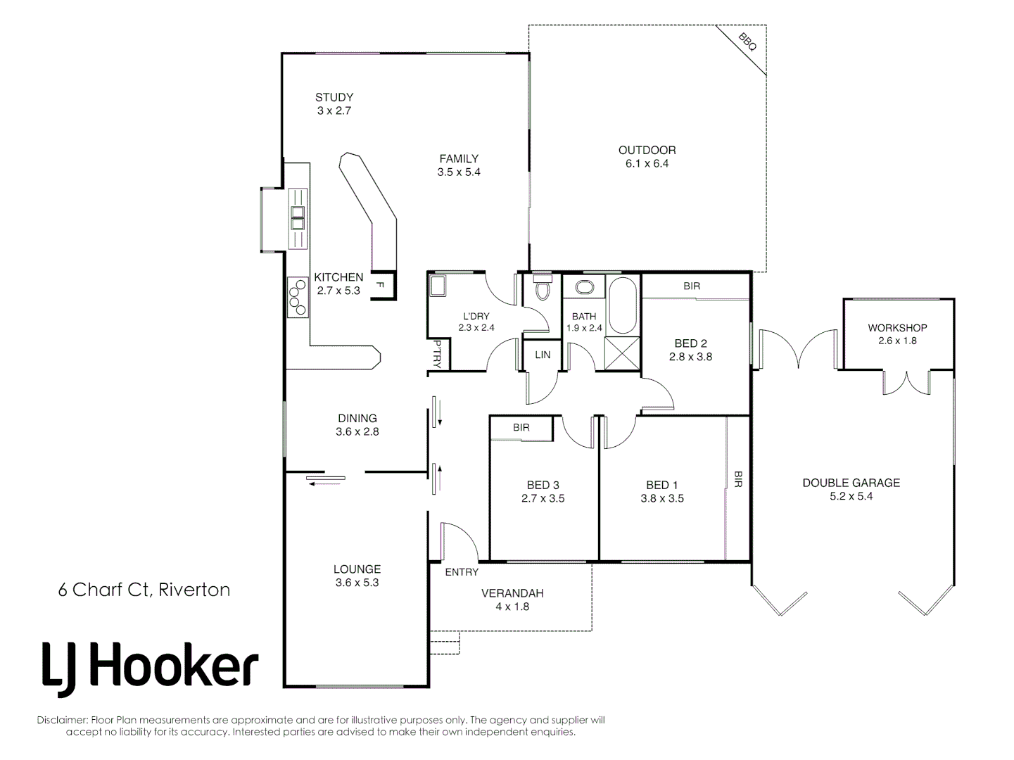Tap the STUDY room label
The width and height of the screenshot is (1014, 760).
tap(334, 98)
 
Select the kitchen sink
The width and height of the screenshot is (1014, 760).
tap(298, 217)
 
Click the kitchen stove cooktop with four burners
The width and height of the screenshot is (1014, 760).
tap(298, 297)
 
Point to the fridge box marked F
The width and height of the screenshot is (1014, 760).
tap(380, 285)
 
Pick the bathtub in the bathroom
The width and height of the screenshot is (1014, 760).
tap(622, 305)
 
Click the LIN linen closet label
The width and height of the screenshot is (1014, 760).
tap(543, 355)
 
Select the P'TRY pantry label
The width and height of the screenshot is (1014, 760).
tap(437, 355)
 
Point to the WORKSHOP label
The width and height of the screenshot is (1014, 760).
tap(897, 328)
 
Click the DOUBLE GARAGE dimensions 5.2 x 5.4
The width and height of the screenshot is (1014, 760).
tap(851, 496)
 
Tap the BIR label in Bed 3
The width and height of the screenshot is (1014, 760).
tap(521, 428)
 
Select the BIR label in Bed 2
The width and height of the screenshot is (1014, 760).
tap(692, 286)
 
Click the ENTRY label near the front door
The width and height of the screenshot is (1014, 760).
tap(462, 572)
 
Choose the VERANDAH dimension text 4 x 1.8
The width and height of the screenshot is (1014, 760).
tap(512, 607)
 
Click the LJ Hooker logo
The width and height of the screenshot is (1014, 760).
tap(150, 666)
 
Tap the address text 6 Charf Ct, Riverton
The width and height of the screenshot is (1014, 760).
tap(144, 590)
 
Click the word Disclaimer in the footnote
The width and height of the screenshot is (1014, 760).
tap(62, 721)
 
